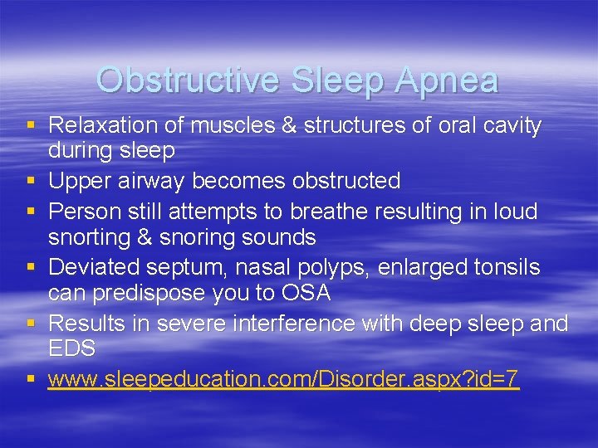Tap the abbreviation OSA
(x=304, y=293)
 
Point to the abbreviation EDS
(x=71, y=348)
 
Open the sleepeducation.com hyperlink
(x=283, y=380)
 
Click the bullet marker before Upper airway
(x=31, y=180)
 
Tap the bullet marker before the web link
(x=31, y=379)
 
